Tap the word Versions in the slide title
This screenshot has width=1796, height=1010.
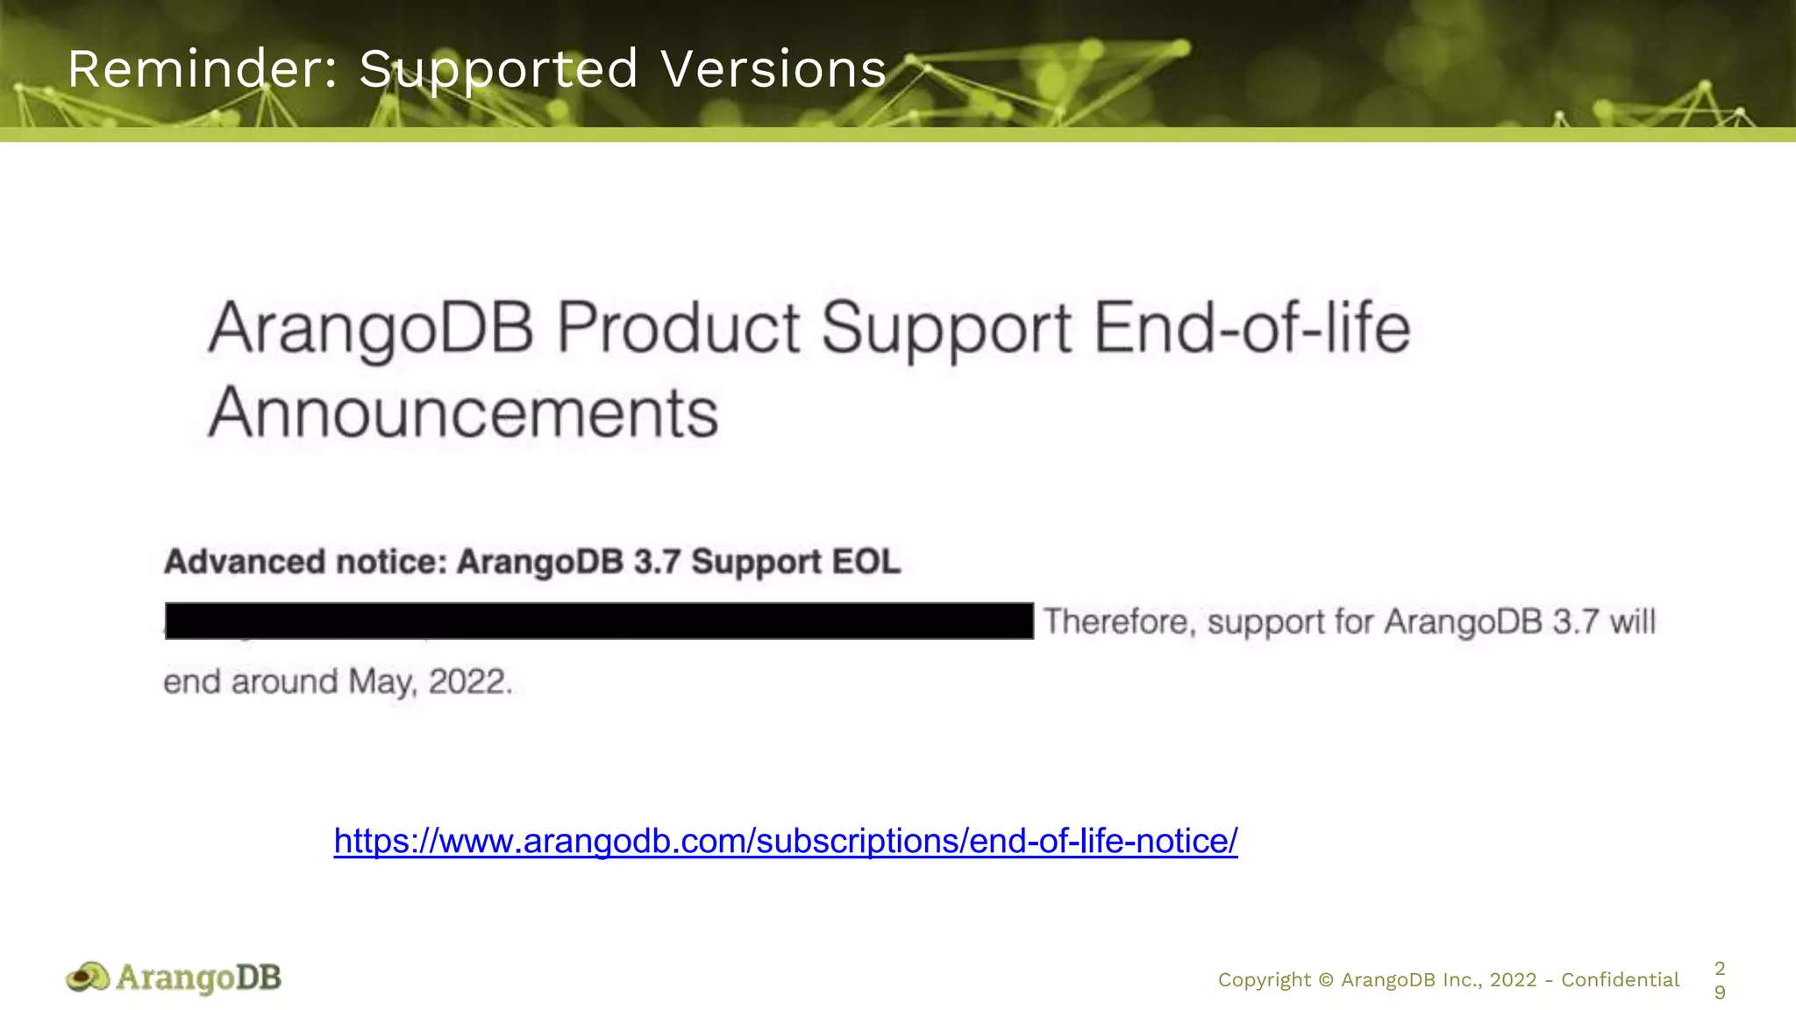tap(773, 69)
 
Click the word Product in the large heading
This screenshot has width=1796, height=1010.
tap(678, 329)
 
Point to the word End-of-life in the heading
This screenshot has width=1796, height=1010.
tap(1251, 329)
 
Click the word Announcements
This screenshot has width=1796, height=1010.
tap(463, 412)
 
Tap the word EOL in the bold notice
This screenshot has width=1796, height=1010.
tap(866, 562)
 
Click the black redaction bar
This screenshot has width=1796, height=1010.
tap(599, 621)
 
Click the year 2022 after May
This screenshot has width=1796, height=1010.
tap(469, 682)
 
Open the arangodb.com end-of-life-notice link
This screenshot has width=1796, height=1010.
tap(786, 840)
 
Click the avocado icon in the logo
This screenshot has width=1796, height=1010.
tap(88, 977)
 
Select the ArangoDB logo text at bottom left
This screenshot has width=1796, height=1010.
tap(199, 977)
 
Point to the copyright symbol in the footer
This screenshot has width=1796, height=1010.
tap(1325, 980)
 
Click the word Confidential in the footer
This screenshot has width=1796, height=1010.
tap(1620, 979)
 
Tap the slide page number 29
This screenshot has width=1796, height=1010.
tap(1720, 980)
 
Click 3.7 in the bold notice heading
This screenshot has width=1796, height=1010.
tap(657, 562)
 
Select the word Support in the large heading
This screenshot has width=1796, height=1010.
tap(946, 329)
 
